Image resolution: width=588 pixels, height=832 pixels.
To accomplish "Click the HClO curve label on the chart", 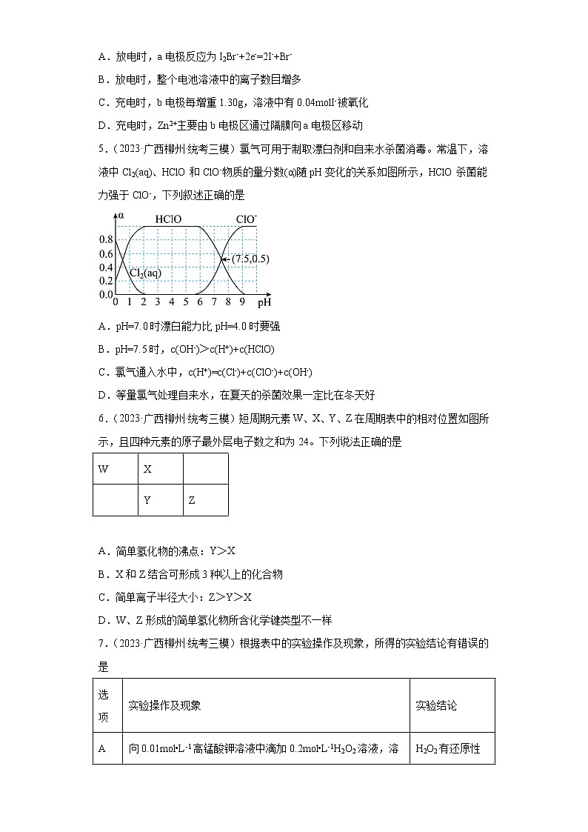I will (x=168, y=219).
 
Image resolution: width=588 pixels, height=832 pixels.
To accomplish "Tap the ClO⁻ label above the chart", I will (x=246, y=219).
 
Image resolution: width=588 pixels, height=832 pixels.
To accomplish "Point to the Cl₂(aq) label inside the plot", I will (x=145, y=273).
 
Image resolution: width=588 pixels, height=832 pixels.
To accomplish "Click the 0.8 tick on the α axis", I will (x=105, y=240).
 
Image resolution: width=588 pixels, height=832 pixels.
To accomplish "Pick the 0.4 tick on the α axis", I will (x=105, y=267).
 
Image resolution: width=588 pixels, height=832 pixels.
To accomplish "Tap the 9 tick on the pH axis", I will (x=242, y=302).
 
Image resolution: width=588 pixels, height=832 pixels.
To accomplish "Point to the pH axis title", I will (x=264, y=302).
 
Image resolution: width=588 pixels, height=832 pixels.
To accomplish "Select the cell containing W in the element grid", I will (x=115, y=469).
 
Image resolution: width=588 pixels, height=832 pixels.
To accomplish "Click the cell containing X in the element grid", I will (x=160, y=469).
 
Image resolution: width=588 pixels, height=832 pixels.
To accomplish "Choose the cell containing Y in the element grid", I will (x=160, y=500).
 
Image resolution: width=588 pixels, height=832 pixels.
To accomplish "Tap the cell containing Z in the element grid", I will (x=205, y=500).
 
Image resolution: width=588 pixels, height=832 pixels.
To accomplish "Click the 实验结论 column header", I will (x=452, y=705).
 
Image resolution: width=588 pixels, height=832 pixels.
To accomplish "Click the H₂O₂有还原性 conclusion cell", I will (x=452, y=748).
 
